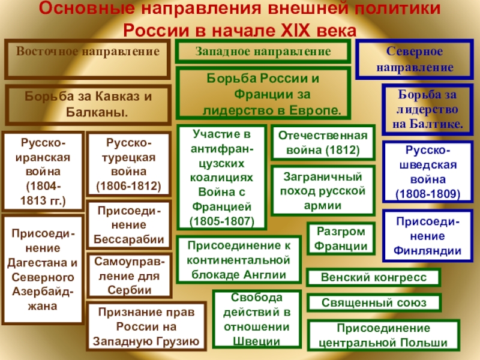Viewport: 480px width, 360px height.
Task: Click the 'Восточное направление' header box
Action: point(88,59)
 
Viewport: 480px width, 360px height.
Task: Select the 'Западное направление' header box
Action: point(263,52)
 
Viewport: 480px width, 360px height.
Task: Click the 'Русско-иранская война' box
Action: point(44,170)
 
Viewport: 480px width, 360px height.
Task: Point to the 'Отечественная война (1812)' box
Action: point(323,143)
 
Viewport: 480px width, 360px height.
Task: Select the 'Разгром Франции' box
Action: point(340,239)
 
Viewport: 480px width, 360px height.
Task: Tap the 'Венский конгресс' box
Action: point(374,278)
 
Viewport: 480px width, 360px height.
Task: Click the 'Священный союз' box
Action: point(374,302)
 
